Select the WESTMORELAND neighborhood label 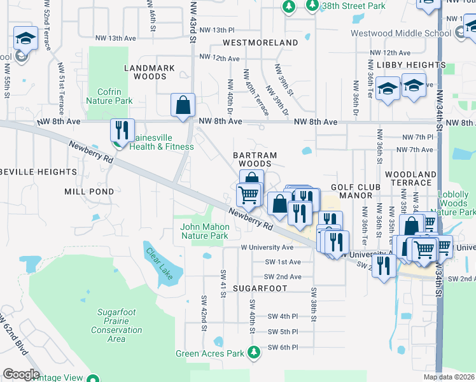coord(260,43)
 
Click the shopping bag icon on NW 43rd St coord(183,106)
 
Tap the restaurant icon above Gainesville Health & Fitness coord(121,130)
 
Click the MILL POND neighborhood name coord(89,191)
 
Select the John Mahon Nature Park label coord(204,231)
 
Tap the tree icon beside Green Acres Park coord(254,352)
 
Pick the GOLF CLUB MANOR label coord(356,190)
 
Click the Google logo coord(22,374)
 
